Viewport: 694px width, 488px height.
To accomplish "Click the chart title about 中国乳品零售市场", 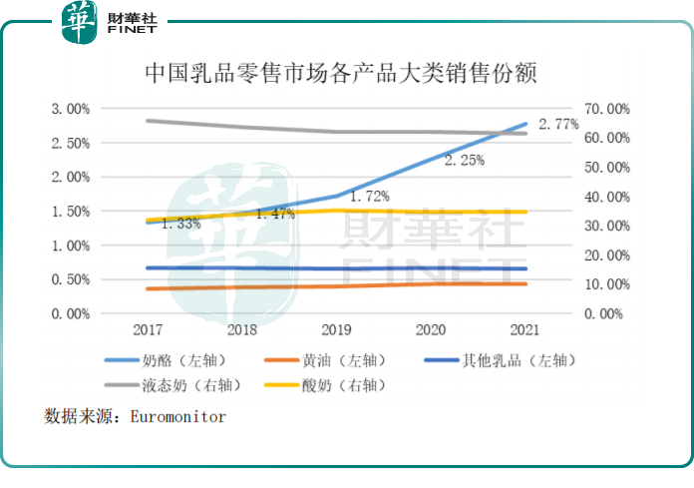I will (346, 73).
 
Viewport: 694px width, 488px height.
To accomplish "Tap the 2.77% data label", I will (558, 125).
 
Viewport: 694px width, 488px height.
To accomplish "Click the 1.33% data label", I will (179, 224).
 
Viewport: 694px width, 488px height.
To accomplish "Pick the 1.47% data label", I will (274, 214).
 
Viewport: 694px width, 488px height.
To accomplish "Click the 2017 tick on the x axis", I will (147, 328).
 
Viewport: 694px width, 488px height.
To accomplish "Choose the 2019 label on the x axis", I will (336, 328).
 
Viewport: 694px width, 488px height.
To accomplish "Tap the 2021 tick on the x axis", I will (525, 328).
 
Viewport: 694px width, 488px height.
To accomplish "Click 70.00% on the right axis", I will (606, 108).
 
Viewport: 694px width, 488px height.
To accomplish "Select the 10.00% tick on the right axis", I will (606, 284).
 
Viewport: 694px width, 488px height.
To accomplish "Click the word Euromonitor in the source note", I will (178, 416).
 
